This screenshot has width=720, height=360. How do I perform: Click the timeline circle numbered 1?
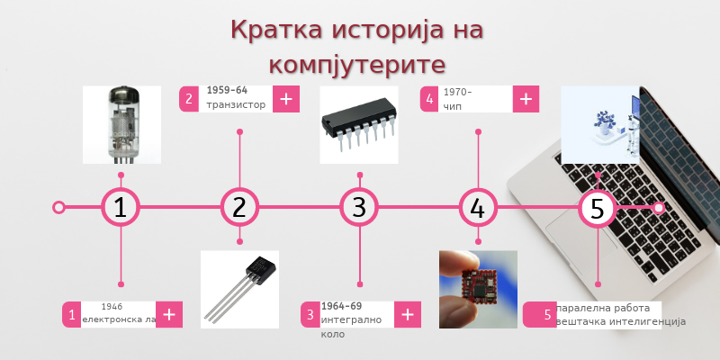coord(121,207)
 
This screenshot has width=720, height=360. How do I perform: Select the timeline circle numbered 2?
coord(239,207)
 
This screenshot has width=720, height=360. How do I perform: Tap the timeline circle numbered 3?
coord(359,207)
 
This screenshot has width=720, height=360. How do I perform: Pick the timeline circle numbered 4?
coord(478,207)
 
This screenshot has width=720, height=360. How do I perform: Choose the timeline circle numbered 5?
coord(597,207)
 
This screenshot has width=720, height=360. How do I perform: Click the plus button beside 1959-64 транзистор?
coord(285,99)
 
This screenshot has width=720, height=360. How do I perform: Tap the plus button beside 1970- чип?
coord(526,99)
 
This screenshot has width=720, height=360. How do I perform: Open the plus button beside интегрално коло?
coord(408,314)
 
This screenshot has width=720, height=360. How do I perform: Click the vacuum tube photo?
coord(121,124)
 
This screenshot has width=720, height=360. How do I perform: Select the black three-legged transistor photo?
coord(239,288)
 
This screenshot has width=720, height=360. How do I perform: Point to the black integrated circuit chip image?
coord(359,124)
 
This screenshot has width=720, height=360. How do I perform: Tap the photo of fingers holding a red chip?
coord(478,289)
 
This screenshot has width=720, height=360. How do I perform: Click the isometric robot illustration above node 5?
coord(599,124)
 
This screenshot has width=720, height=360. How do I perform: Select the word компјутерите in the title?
coord(357,65)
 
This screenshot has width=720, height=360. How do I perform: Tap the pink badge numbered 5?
coord(546,314)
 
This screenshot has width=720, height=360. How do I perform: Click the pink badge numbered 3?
coord(310,314)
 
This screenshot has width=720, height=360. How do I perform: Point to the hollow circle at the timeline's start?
coord(59,207)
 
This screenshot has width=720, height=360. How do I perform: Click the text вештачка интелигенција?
coord(621,321)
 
